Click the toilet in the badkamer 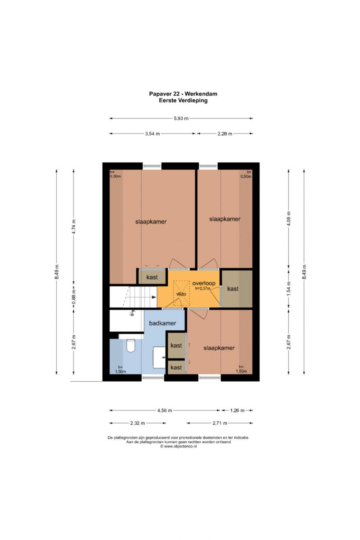coord(130,345)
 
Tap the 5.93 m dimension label coord(181,118)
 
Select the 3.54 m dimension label coord(152,134)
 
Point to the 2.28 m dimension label coord(225,134)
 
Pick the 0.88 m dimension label coord(74,296)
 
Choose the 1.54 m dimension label coord(289,289)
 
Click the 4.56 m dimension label coord(165,410)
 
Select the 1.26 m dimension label coord(237,410)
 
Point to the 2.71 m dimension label coord(220,423)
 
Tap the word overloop coord(204,283)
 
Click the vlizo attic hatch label coord(181,294)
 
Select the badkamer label coord(163,323)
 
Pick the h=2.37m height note coord(203,289)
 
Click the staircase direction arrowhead coord(154,297)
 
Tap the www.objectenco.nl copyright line coord(178,446)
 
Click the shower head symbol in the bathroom coord(132,314)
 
